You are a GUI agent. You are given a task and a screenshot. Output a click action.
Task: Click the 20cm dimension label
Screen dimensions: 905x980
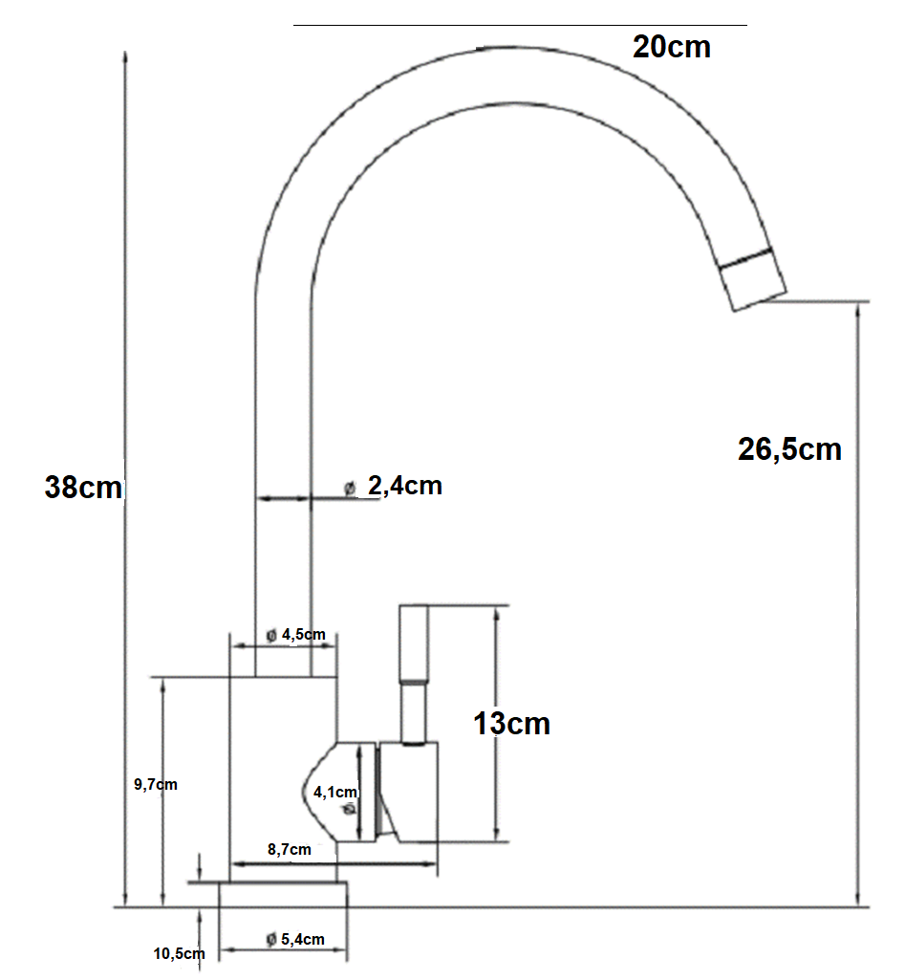pos(672,47)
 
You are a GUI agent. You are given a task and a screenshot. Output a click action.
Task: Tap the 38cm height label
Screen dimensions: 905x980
pos(83,487)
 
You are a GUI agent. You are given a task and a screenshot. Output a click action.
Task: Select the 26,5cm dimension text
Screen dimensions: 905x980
pos(789,450)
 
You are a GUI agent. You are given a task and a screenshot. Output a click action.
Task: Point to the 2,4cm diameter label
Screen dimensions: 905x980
pos(405,486)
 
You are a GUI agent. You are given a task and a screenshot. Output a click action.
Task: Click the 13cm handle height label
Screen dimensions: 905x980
pos(511,724)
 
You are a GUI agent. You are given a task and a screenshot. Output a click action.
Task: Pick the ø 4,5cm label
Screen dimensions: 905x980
pos(296,635)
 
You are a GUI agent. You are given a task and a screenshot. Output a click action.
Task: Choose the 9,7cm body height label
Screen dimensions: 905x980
pos(156,784)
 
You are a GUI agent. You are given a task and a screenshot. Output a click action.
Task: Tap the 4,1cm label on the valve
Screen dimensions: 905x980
pos(334,793)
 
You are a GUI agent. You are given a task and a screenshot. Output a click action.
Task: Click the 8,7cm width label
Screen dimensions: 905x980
pos(290,849)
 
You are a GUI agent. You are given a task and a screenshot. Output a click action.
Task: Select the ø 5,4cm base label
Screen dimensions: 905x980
pos(295,940)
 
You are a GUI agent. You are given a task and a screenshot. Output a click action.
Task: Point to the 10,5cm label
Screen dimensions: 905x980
pos(180,954)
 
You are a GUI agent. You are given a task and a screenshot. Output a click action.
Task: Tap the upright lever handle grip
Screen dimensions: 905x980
pos(414,643)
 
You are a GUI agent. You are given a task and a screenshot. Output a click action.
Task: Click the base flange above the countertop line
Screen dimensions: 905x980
pos(283,895)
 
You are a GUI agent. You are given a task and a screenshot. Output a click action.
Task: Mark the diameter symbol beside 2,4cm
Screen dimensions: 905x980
pos(350,488)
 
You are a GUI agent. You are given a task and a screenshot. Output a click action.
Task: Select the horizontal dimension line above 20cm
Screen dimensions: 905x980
pos(520,26)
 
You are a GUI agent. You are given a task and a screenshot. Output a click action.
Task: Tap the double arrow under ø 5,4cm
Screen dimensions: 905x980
pos(284,950)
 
